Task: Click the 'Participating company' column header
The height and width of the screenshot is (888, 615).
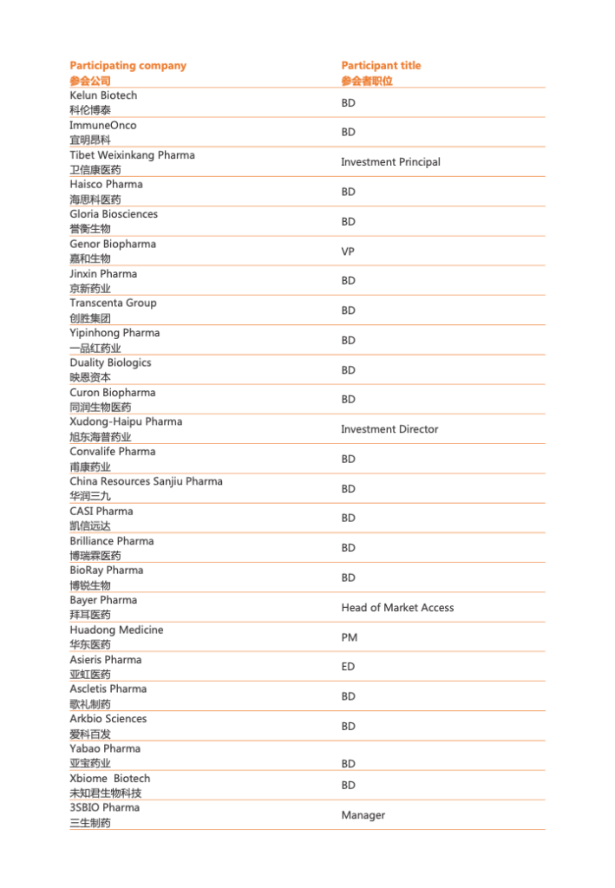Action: click(x=128, y=66)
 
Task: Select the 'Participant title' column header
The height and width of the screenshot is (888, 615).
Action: click(x=381, y=66)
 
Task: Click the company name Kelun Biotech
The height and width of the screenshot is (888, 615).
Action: click(x=103, y=95)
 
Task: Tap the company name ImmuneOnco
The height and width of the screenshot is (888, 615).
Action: click(x=102, y=125)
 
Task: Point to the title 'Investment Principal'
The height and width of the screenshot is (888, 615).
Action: click(x=390, y=162)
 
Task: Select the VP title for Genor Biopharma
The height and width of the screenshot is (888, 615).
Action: click(x=348, y=251)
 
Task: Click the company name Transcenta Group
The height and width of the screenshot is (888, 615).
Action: click(x=113, y=303)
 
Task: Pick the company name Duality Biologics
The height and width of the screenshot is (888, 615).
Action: click(x=110, y=362)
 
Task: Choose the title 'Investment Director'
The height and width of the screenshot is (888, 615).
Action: click(x=389, y=429)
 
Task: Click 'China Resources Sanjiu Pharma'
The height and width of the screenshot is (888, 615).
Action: click(x=146, y=481)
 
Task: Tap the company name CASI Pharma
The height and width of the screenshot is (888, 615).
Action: click(x=101, y=511)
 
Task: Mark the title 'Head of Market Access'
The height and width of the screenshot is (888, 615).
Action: click(x=397, y=608)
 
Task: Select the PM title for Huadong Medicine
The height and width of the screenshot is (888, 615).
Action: click(x=349, y=637)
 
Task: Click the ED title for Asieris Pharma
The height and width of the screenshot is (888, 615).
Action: click(x=348, y=667)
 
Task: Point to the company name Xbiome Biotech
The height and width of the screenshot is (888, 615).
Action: click(x=109, y=778)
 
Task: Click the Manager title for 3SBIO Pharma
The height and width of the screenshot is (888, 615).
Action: click(x=363, y=815)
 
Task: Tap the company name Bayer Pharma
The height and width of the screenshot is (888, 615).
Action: click(x=103, y=600)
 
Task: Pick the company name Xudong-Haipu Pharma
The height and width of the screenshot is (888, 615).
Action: click(x=126, y=421)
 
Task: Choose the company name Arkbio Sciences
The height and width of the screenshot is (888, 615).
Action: click(x=108, y=719)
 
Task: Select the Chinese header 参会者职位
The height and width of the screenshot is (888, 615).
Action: click(x=367, y=81)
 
